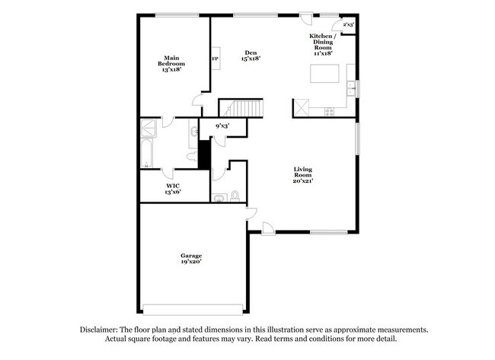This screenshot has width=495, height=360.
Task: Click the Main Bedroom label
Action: click(171, 60)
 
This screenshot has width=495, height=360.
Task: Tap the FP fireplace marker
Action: click(216, 59)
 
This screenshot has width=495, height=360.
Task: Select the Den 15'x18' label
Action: click(251, 55)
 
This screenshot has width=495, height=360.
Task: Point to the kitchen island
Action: click(324, 73)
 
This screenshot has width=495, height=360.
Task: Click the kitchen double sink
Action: click(351, 88)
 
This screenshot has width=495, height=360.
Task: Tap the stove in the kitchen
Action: click(329, 111)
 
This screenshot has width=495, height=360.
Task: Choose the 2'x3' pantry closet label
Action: click(348, 25)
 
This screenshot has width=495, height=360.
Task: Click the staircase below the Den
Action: click(241, 108)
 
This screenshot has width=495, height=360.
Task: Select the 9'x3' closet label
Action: click(222, 126)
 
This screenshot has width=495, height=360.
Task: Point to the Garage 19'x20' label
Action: click(190, 258)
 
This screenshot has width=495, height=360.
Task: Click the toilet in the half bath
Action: click(235, 196)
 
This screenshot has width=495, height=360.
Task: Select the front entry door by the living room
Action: click(267, 227)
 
